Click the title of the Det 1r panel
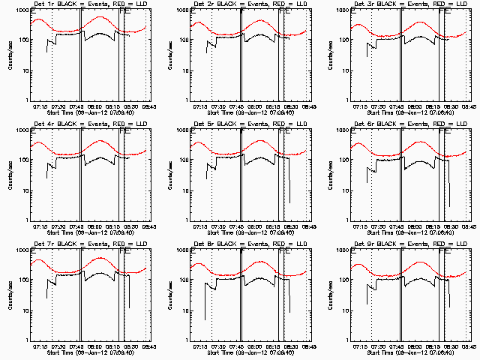(x=90, y=5)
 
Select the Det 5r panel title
(x=250, y=125)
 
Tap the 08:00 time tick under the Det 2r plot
(x=253, y=106)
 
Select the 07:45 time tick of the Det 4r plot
(x=76, y=226)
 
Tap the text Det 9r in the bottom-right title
(x=361, y=245)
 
